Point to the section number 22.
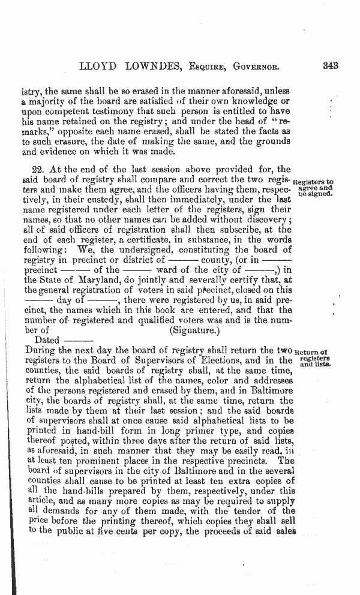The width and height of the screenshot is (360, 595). point(37,170)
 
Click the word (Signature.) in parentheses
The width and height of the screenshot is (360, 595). point(195,329)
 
